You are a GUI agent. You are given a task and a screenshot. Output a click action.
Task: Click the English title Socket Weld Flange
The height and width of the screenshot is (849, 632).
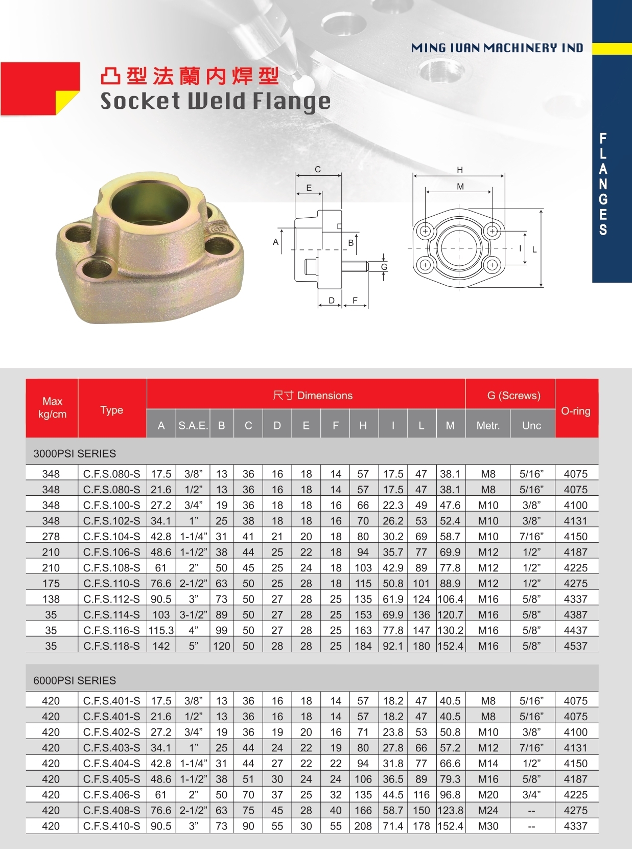[215, 101]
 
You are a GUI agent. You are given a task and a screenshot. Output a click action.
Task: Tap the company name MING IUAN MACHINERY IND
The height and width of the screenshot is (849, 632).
[497, 48]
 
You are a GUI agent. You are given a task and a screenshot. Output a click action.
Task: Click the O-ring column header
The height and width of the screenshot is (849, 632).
[575, 411]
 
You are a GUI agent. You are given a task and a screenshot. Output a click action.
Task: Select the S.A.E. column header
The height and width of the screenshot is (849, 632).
[193, 425]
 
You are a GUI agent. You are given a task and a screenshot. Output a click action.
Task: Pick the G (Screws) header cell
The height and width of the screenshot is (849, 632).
[513, 395]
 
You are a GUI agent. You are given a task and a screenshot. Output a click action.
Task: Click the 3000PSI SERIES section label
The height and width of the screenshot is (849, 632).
[75, 453]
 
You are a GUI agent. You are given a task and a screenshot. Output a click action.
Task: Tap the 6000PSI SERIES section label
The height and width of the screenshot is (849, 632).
[75, 680]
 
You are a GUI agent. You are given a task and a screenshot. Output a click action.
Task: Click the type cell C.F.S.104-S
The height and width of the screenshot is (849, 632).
[111, 536]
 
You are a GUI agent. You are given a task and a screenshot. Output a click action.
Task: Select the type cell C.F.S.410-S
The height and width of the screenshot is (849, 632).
[111, 826]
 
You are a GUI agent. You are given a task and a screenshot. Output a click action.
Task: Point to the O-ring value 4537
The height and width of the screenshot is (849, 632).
[575, 646]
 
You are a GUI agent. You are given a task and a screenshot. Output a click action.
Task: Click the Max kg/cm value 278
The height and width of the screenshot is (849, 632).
[51, 536]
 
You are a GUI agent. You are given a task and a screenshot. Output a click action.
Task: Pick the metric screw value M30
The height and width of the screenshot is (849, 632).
[488, 826]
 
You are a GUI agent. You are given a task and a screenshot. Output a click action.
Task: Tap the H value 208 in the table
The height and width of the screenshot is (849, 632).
[363, 826]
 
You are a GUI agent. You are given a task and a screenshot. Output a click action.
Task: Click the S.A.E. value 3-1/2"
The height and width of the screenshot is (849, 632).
[193, 614]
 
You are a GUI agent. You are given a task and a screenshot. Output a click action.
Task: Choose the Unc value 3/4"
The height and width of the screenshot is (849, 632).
[531, 795]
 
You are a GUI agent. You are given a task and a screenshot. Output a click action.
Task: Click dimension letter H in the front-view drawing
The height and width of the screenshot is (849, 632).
[460, 170]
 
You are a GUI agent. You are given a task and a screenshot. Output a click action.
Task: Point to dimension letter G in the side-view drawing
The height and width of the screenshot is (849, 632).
[384, 267]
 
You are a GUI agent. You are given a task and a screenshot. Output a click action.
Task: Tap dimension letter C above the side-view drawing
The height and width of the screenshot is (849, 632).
[318, 170]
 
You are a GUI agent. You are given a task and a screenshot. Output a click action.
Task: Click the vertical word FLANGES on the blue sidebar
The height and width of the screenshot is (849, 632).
[603, 184]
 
